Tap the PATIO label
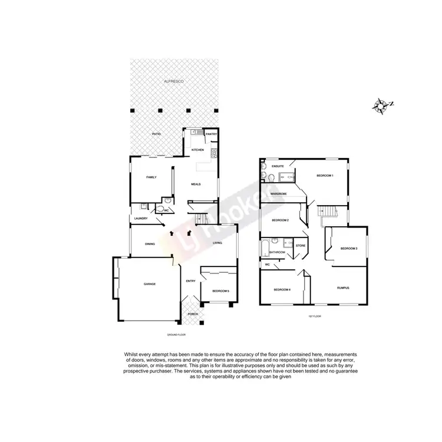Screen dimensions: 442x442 click(156, 134)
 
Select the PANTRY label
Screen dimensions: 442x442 click(212, 134)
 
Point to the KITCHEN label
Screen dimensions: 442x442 click(197, 150)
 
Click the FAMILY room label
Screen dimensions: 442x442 click(151, 177)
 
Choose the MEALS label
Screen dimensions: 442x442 click(196, 184)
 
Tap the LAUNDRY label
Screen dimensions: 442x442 click(140, 219)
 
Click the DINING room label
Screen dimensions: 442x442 click(150, 243)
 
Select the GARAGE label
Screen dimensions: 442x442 click(150, 284)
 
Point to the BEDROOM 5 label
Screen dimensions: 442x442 click(220, 291)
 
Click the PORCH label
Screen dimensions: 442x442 click(193, 314)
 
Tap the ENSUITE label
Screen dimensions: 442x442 click(278, 167)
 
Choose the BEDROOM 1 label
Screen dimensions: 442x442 click(325, 176)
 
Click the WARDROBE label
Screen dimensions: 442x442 click(279, 194)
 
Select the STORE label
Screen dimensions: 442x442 click(301, 245)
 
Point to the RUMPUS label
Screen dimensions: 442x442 click(343, 288)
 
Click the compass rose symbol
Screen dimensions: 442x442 click(382, 106)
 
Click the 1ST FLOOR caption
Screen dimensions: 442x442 click(313, 316)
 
